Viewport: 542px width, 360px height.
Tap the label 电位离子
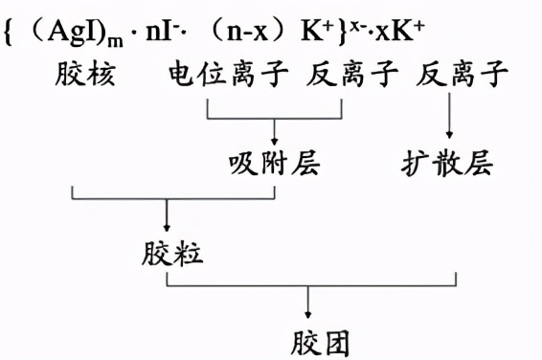coord(229,75)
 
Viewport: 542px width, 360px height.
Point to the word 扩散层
coord(446,163)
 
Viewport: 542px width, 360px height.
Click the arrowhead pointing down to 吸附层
coord(276,137)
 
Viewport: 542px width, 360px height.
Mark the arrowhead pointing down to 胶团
coord(308,315)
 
